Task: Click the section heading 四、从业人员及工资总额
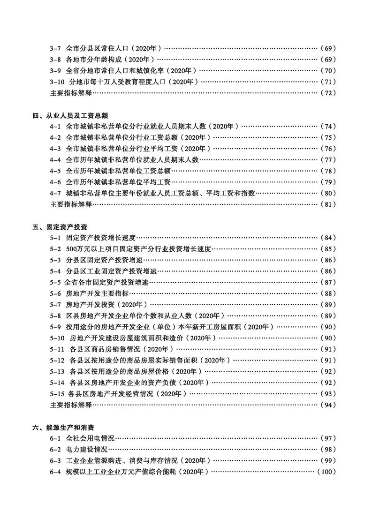pyautogui.click(x=71, y=115)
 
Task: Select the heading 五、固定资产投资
pyautogui.click(x=63, y=227)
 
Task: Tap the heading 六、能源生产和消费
pyautogui.click(x=63, y=428)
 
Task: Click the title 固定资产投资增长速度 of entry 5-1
pyautogui.click(x=101, y=238)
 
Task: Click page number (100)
pyautogui.click(x=326, y=472)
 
